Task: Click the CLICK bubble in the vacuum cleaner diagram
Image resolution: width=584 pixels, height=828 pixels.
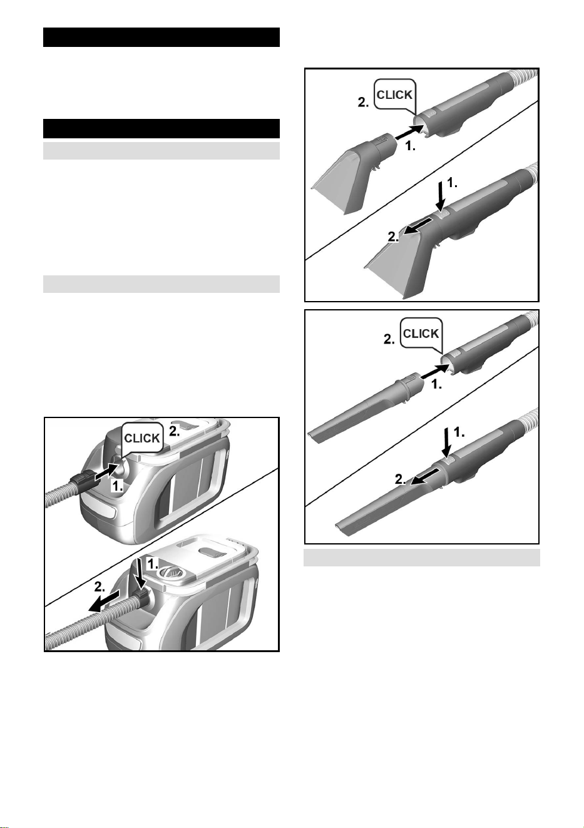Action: coord(143,438)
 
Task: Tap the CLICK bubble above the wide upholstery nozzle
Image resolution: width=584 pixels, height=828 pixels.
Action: coord(394,95)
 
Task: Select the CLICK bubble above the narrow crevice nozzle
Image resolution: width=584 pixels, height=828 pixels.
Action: coord(421,334)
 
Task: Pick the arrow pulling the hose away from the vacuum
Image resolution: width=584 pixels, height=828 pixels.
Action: coord(105,601)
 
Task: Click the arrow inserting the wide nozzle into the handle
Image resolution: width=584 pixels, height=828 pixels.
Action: coord(409,131)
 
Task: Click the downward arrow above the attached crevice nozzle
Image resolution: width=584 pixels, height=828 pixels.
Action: coord(447,443)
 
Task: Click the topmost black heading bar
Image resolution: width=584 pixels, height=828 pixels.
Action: coord(161,38)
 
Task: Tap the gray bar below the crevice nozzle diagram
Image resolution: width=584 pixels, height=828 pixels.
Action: coord(422,558)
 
